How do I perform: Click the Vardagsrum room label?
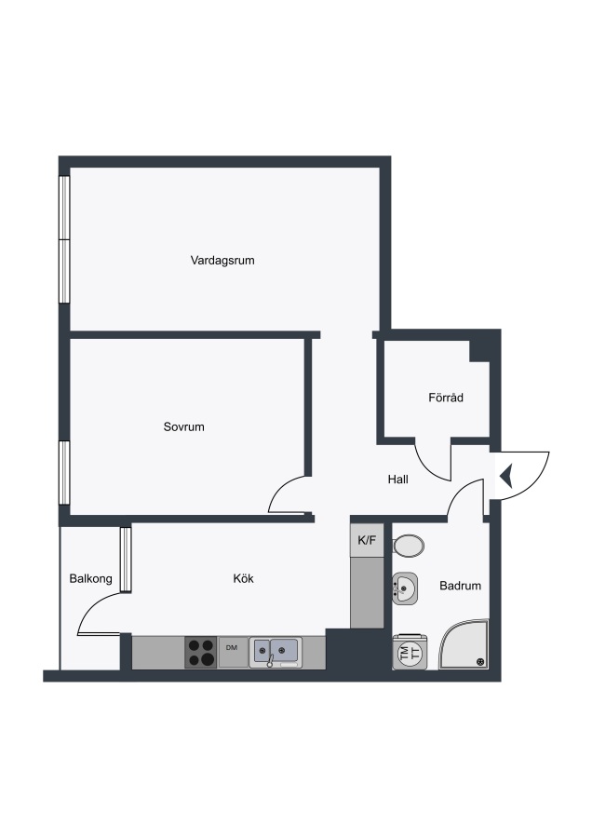point(222,261)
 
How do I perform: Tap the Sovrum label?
point(183,426)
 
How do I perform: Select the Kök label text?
point(243,578)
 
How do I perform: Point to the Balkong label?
point(91,578)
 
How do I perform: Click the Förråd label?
point(446,397)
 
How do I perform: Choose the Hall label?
point(398,480)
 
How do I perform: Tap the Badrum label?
point(460,586)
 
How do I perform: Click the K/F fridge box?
point(367,540)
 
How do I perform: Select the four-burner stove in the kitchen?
point(201,653)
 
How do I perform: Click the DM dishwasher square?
point(233,652)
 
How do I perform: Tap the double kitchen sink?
point(276,653)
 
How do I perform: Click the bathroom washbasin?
point(405,588)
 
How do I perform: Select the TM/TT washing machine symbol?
point(410,652)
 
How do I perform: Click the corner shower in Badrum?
point(464,644)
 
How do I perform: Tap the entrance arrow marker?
point(506,476)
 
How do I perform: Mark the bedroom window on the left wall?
point(64,472)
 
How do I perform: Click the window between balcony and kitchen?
point(126,560)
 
